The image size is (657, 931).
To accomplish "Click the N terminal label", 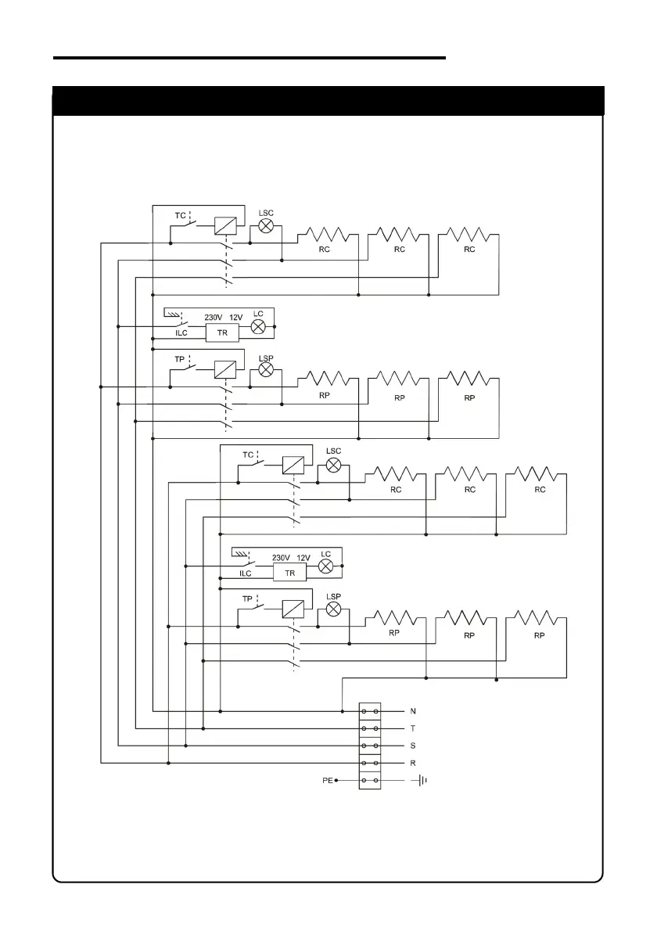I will click(x=413, y=711).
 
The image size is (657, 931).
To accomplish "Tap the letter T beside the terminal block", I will click(x=413, y=728).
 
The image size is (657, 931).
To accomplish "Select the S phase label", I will click(x=413, y=746).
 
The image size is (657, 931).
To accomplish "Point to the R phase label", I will click(x=413, y=763).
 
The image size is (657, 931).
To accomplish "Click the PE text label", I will click(x=327, y=780).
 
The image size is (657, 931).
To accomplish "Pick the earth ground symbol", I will click(x=423, y=780).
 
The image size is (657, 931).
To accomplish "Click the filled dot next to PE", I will click(x=336, y=780).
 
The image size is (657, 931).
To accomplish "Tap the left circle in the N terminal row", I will click(x=364, y=711).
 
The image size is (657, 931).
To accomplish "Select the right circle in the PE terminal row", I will click(x=377, y=780).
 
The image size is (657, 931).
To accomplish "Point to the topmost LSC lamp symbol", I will click(x=266, y=226).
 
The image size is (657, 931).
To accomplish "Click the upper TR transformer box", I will click(x=222, y=332).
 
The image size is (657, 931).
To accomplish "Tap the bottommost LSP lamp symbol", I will click(x=333, y=609).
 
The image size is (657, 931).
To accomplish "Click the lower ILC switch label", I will click(x=246, y=573).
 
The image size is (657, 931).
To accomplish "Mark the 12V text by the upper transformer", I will click(x=236, y=317).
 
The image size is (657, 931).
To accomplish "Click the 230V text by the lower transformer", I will click(x=281, y=558).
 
